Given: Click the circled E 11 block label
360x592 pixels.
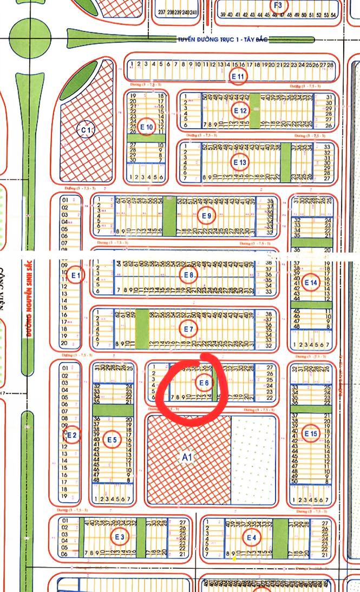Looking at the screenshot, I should click(238, 76).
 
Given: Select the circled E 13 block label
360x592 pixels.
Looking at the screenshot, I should click(240, 162).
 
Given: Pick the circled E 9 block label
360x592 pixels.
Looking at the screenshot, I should click(206, 216).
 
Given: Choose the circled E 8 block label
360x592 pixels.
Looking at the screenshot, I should click(188, 275).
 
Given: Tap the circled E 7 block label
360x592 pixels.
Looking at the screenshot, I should click(188, 328).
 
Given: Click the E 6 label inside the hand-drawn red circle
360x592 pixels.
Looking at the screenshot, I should click(204, 383).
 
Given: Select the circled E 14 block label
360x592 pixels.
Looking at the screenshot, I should click(311, 282).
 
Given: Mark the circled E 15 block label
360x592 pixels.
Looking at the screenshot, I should click(311, 433).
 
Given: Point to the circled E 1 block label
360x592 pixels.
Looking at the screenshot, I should click(76, 275).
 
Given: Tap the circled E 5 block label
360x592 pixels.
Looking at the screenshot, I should click(112, 439).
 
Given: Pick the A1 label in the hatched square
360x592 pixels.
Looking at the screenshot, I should click(187, 457).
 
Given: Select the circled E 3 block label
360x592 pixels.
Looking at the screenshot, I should click(119, 537).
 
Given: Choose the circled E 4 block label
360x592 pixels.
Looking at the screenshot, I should click(251, 537).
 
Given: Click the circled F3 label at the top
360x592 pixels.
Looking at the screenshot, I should click(278, 5).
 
